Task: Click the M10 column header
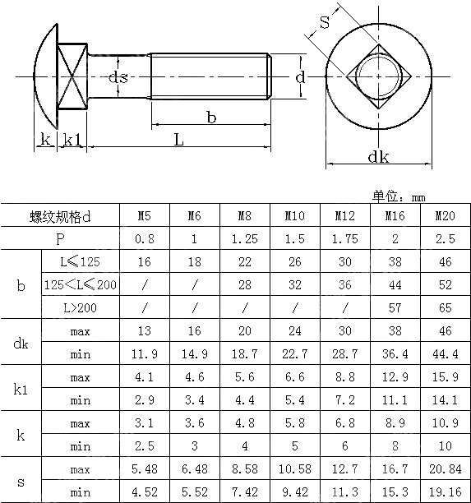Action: click(x=295, y=216)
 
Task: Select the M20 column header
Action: click(x=445, y=216)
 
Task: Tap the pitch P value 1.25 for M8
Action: click(x=245, y=239)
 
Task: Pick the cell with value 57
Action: click(x=395, y=308)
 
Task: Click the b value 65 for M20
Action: click(x=445, y=308)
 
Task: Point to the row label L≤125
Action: click(x=80, y=262)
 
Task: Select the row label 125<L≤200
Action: click(x=80, y=285)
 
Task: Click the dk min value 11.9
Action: click(x=144, y=354)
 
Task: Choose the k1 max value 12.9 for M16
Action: click(x=395, y=377)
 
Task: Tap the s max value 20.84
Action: click(x=445, y=468)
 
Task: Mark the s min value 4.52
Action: click(x=144, y=491)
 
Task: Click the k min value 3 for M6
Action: click(x=194, y=446)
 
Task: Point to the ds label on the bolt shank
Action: click(x=118, y=77)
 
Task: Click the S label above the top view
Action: click(x=325, y=24)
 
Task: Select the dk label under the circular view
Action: click(x=378, y=157)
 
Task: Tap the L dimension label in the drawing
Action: click(x=178, y=140)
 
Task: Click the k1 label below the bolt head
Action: click(x=72, y=141)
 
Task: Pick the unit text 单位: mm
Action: click(x=399, y=196)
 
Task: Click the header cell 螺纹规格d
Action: click(x=61, y=216)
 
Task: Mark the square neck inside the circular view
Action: click(x=379, y=76)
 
